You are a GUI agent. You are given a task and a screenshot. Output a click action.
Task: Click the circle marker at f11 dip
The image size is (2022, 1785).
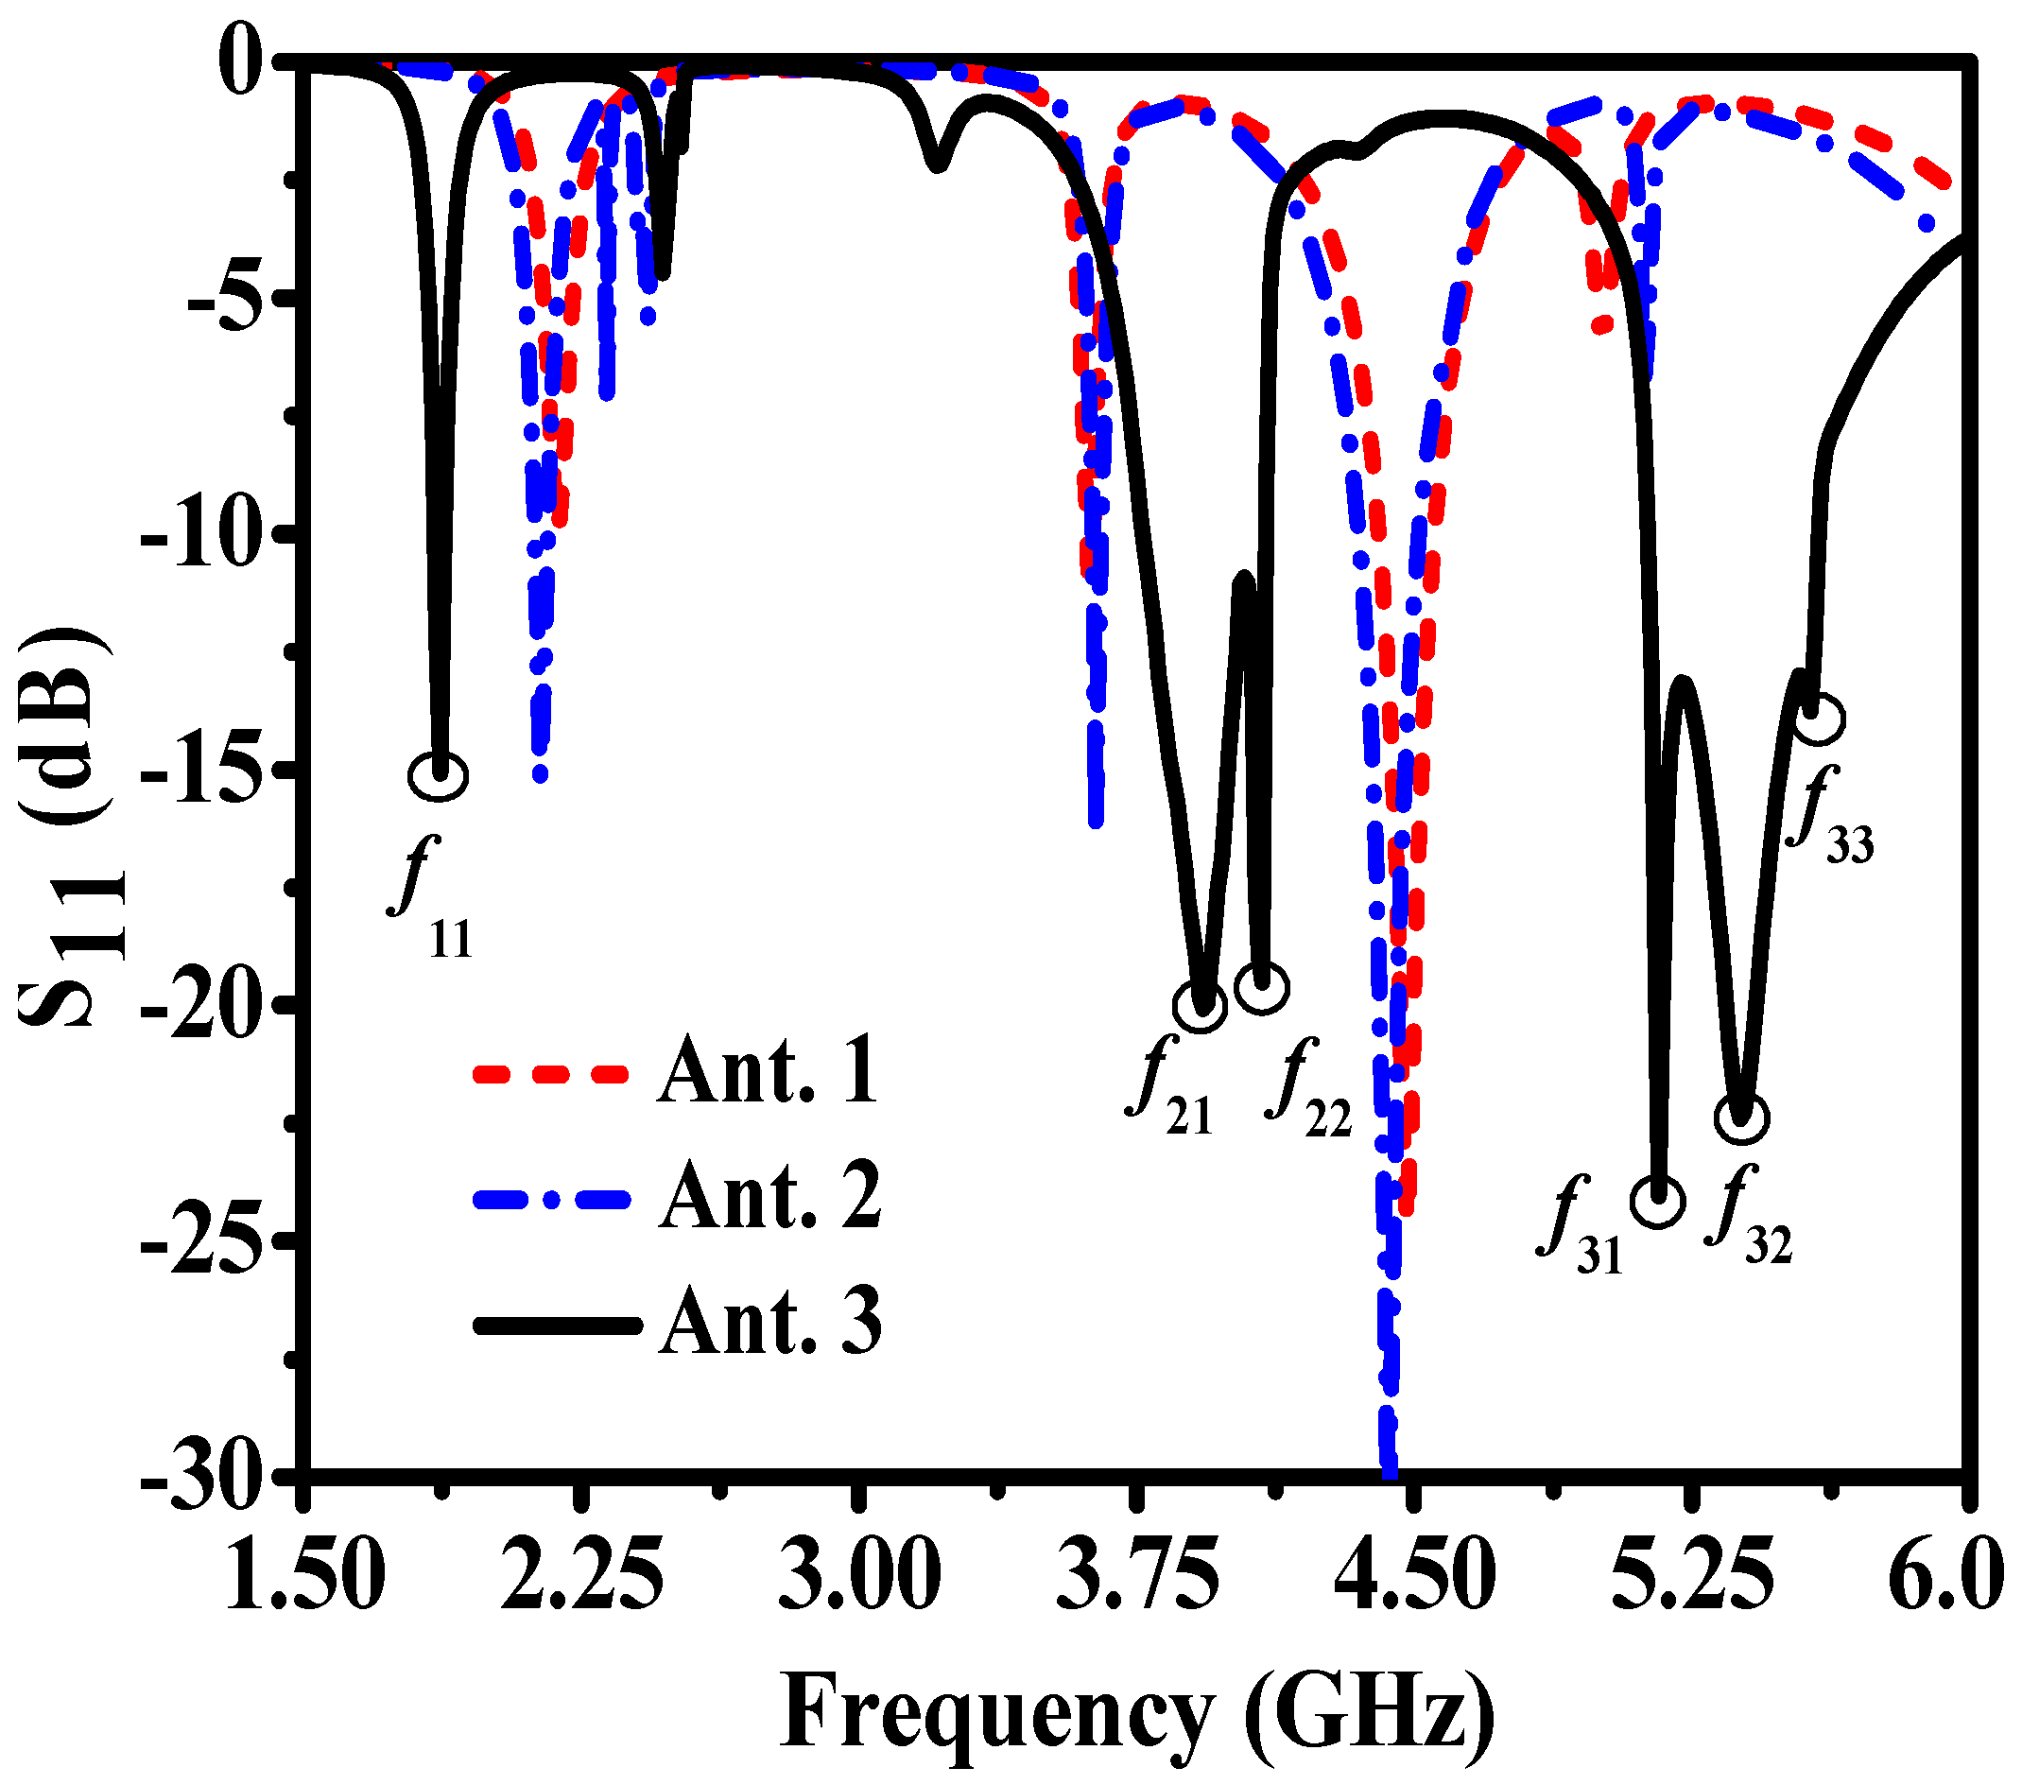(x=438, y=776)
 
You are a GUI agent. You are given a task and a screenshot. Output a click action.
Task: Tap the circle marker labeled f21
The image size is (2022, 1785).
(x=1200, y=1005)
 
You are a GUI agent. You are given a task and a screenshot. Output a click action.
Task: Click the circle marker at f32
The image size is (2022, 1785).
(x=1742, y=1118)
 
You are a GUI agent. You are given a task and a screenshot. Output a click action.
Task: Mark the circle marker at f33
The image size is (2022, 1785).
(x=1818, y=719)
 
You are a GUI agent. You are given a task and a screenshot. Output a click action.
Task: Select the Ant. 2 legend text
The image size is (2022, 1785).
(x=770, y=1197)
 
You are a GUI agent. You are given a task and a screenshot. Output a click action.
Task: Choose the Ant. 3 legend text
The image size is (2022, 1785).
(x=770, y=1323)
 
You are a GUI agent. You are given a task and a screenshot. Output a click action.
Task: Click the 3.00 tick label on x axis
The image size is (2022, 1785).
(x=857, y=1575)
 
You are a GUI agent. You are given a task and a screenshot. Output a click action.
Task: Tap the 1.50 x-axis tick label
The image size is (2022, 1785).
(x=304, y=1575)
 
